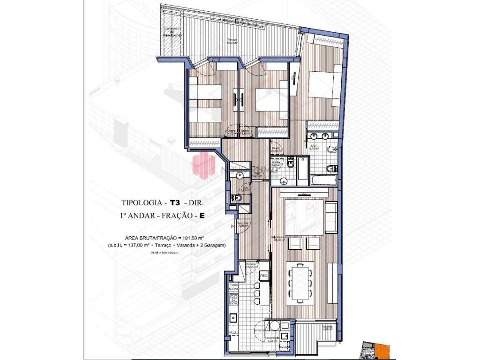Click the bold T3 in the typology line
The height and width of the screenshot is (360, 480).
(x=175, y=203)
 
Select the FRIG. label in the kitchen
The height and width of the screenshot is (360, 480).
(x=264, y=276)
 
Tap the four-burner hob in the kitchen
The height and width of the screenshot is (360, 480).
(x=232, y=318)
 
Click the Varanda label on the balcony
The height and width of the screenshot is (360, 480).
(x=328, y=327)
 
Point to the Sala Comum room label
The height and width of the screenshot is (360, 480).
(x=279, y=238)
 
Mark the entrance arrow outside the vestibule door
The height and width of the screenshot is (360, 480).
(x=232, y=227)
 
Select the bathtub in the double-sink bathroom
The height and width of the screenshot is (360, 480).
(x=324, y=180)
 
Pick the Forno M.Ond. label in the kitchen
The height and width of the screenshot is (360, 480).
(x=233, y=286)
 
